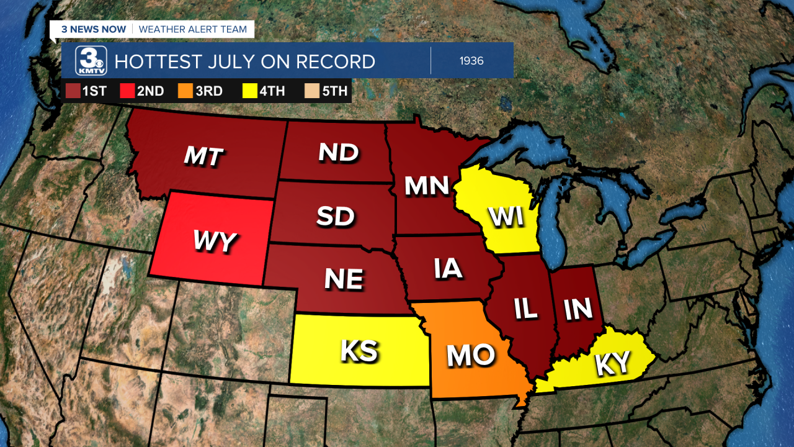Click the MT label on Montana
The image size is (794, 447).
(203, 156)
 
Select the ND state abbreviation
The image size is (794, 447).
(339, 153)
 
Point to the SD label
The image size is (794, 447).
(335, 215)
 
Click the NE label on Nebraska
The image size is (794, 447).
(344, 279)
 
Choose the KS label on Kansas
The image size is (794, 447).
(359, 351)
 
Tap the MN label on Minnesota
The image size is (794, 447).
(426, 186)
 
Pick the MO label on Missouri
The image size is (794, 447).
(471, 355)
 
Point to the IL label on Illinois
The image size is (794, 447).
(525, 309)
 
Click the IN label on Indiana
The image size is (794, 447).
(578, 309)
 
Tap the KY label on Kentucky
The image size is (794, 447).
(612, 363)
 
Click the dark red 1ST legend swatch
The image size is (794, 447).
(73, 91)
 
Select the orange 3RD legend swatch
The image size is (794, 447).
(187, 91)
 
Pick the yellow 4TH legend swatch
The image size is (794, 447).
(250, 91)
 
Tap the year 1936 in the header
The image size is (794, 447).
(471, 61)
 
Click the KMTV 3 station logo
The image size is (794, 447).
(91, 61)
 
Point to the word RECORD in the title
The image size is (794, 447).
(335, 61)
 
